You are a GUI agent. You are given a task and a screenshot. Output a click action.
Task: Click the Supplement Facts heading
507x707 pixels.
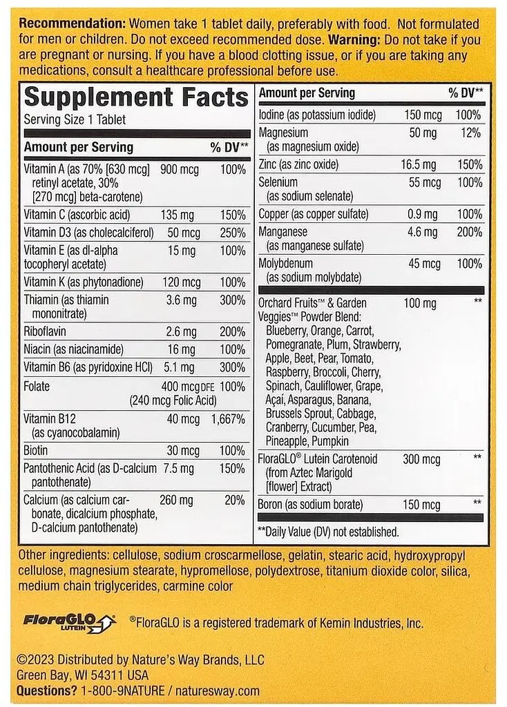click(x=136, y=98)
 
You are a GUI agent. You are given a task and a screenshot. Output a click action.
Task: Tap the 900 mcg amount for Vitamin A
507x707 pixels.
click(x=180, y=170)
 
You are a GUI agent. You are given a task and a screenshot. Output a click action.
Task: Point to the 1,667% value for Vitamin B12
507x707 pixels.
click(x=228, y=419)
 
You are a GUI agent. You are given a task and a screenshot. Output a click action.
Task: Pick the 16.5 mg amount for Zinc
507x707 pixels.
click(x=419, y=164)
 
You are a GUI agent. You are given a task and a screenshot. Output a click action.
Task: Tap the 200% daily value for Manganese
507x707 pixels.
click(x=469, y=233)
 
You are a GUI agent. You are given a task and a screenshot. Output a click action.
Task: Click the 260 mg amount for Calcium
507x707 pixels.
click(x=177, y=500)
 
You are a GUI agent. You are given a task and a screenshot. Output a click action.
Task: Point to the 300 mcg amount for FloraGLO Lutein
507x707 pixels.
click(x=421, y=459)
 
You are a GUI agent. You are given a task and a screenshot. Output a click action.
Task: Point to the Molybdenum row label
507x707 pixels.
click(x=285, y=264)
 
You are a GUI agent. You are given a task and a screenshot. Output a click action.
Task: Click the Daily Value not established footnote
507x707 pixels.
click(x=328, y=532)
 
